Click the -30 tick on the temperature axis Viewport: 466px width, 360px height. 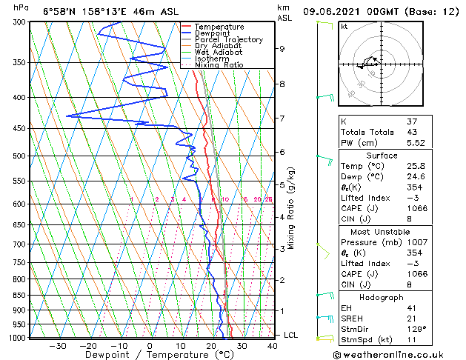click(58, 346)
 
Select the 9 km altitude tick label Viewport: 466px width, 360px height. click(282, 49)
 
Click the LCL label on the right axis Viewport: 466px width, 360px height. click(291, 335)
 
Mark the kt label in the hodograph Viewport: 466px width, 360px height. click(344, 27)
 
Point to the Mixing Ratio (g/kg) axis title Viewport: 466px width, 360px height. click(291, 207)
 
